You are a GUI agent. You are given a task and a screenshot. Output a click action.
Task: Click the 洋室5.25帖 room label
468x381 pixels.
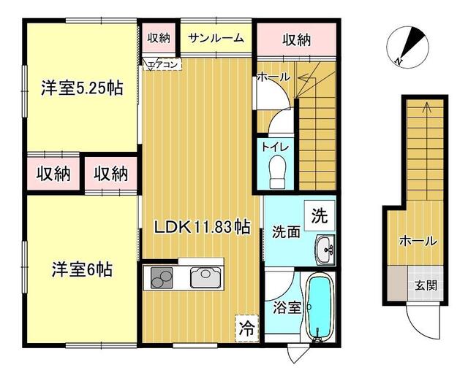pyautogui.click(x=82, y=88)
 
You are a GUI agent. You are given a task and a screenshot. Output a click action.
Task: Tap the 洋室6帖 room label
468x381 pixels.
pyautogui.click(x=82, y=269)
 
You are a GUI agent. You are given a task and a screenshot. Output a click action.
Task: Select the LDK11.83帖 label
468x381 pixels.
pyautogui.click(x=202, y=228)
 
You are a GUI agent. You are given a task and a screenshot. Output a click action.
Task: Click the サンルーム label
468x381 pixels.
pyautogui.click(x=216, y=38)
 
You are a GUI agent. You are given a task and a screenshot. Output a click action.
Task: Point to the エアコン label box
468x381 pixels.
pyautogui.click(x=162, y=65)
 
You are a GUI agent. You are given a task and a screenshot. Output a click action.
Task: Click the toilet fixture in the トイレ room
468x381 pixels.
pyautogui.click(x=277, y=172)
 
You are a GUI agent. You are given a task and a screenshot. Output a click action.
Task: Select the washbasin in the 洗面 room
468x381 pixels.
pyautogui.click(x=325, y=250)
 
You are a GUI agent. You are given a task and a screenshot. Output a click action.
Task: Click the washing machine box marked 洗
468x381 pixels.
pyautogui.click(x=320, y=215)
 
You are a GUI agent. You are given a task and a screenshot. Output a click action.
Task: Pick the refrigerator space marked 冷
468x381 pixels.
pyautogui.click(x=247, y=328)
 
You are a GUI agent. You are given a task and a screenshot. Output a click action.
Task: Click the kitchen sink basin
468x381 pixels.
pyautogui.click(x=205, y=277)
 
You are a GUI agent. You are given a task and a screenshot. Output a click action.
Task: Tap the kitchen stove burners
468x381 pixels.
pyautogui.click(x=162, y=278)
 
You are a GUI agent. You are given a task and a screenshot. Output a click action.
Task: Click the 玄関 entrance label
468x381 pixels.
pyautogui.click(x=426, y=285)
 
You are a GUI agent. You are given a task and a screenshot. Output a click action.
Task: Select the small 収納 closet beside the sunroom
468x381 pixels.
pyautogui.click(x=159, y=38)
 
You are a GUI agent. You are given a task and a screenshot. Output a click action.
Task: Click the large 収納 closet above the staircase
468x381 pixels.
pyautogui.click(x=297, y=39)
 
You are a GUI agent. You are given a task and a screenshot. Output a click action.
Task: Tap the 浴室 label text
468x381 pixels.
pyautogui.click(x=287, y=308)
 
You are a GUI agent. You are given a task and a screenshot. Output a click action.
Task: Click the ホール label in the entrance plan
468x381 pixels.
pyautogui.click(x=418, y=241)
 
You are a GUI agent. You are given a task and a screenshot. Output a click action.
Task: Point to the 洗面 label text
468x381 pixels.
pyautogui.click(x=286, y=232)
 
